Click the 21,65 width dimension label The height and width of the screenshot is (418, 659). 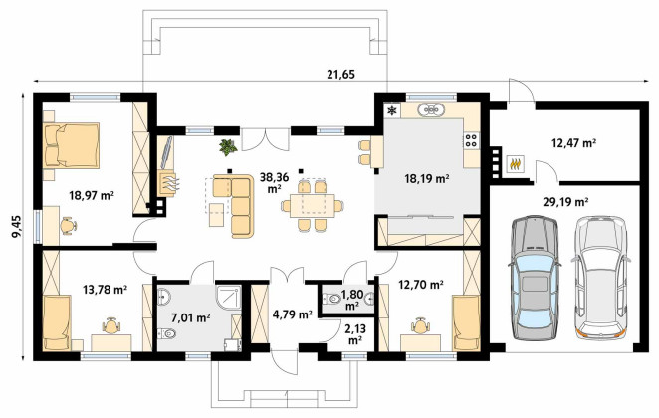[340, 75]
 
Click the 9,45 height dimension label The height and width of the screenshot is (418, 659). [17, 227]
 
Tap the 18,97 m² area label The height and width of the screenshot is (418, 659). [92, 195]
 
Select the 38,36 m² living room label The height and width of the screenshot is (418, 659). [274, 182]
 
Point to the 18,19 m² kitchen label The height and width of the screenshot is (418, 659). [427, 179]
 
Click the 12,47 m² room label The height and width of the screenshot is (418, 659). [574, 143]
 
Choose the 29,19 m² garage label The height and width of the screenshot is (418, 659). [565, 202]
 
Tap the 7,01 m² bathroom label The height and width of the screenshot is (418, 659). [191, 318]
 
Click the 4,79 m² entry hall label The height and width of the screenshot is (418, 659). [292, 314]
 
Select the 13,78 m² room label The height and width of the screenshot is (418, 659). [106, 289]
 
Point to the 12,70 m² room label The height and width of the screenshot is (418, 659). [421, 286]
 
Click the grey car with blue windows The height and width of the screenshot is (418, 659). [535, 278]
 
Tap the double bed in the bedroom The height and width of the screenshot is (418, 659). [72, 145]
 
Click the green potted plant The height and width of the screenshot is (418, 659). [228, 147]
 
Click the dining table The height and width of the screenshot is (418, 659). [313, 205]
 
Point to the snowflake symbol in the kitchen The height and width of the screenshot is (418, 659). [392, 110]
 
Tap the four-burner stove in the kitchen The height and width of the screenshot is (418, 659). [472, 140]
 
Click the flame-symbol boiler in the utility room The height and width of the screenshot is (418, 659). [516, 163]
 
